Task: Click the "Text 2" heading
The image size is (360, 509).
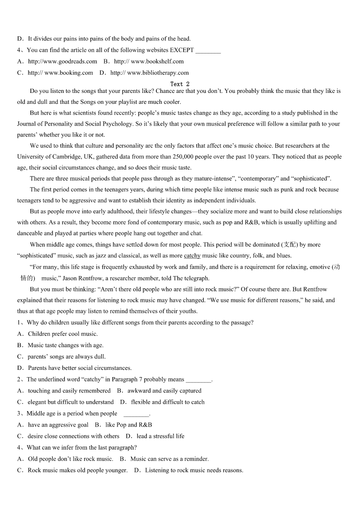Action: tap(180, 84)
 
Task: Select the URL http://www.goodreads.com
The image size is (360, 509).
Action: tap(63, 62)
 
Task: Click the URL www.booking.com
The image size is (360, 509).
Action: tap(68, 73)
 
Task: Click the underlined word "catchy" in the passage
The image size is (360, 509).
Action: tap(192, 256)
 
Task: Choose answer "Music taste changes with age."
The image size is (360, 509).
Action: tap(66, 345)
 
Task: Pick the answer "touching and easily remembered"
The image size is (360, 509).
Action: tap(69, 391)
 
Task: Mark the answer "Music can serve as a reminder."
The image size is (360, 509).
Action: tap(169, 459)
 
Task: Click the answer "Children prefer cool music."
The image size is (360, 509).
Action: tap(63, 334)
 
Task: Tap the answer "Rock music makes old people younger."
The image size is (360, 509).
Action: tap(78, 470)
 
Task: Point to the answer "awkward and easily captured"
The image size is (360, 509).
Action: tap(164, 391)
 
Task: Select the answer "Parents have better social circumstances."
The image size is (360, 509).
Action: tap(80, 368)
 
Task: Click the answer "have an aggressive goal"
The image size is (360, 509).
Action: tap(58, 425)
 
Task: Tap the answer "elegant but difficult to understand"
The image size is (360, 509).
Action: tap(71, 402)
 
